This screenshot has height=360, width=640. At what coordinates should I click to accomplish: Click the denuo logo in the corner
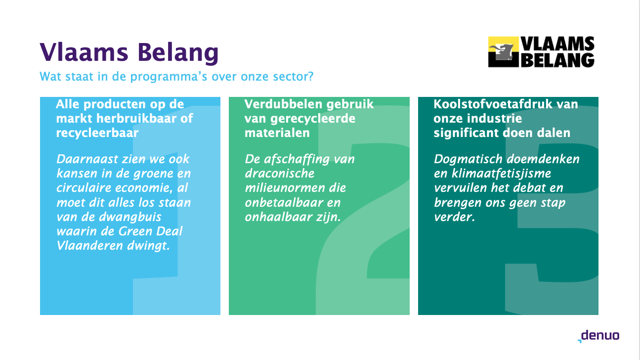pyautogui.click(x=598, y=336)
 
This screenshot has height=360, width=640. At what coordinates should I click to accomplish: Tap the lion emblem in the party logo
pyautogui.click(x=503, y=52)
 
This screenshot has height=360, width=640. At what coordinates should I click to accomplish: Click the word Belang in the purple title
pyautogui.click(x=178, y=52)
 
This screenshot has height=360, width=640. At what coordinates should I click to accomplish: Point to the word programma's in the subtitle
pyautogui.click(x=169, y=77)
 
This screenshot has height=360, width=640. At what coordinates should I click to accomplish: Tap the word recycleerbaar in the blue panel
pyautogui.click(x=97, y=133)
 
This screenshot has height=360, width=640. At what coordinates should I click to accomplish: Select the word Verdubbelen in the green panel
pyautogui.click(x=284, y=104)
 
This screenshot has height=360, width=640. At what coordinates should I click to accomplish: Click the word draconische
pyautogui.click(x=279, y=174)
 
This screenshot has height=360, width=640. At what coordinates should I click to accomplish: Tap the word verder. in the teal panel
pyautogui.click(x=454, y=217)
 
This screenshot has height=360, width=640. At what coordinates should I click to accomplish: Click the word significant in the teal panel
pyautogui.click(x=466, y=133)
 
